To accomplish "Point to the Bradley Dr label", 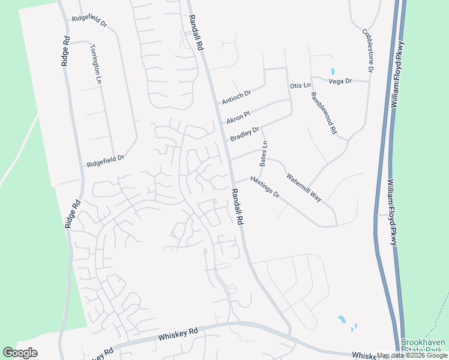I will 244,134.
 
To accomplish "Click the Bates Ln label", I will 263,154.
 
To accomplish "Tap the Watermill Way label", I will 304,187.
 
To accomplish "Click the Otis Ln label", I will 300,86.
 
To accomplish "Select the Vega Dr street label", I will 340,80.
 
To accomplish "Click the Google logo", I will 20,353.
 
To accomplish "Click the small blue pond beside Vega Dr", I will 332,72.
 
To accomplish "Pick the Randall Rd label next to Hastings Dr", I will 236,206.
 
